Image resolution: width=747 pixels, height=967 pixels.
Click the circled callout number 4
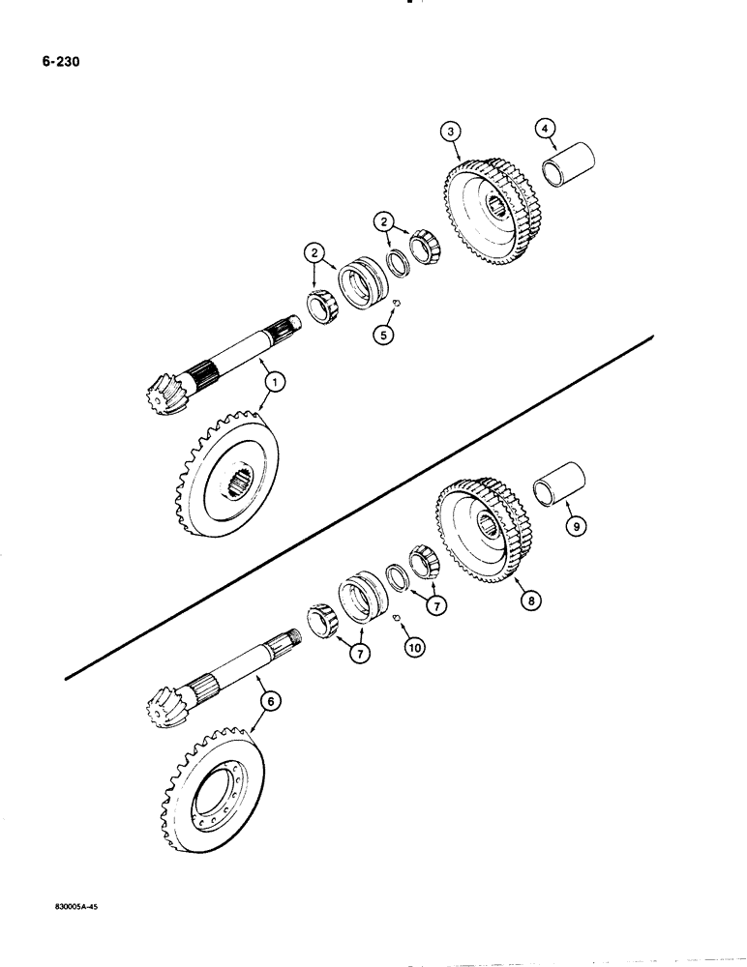[546, 128]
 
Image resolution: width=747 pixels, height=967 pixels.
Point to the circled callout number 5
[385, 338]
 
